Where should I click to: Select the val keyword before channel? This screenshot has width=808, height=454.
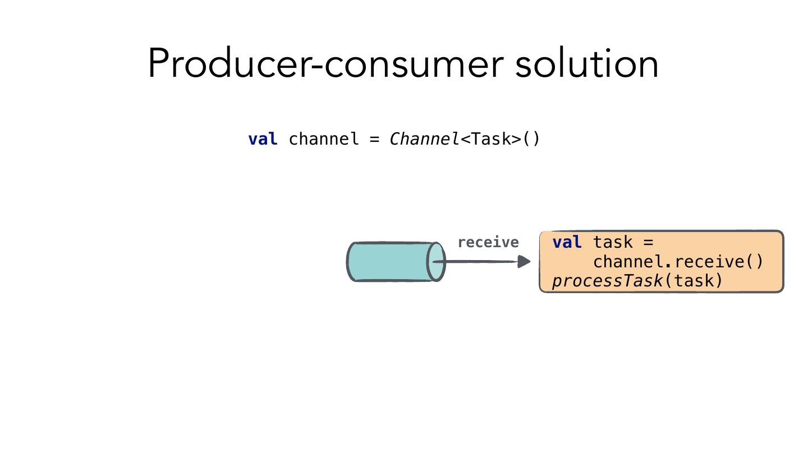263,139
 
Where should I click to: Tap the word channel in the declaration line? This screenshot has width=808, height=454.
324,139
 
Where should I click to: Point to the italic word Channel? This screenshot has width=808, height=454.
424,139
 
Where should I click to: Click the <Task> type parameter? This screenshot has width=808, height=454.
491,139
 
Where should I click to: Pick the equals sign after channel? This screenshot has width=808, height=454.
375,139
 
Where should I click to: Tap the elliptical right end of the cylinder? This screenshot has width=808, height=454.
437,262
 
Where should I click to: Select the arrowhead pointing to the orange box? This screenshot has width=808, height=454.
524,261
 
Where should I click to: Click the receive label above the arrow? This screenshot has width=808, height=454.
488,242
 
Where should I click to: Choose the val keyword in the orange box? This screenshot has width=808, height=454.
567,242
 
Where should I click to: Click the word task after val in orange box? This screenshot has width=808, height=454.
613,242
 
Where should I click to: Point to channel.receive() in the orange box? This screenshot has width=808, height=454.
678,262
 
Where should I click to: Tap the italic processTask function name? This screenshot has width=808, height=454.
608,280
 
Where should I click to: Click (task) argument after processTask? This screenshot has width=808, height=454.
694,280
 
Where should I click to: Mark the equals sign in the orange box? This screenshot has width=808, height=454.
648,242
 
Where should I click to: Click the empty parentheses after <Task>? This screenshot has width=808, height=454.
531,139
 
